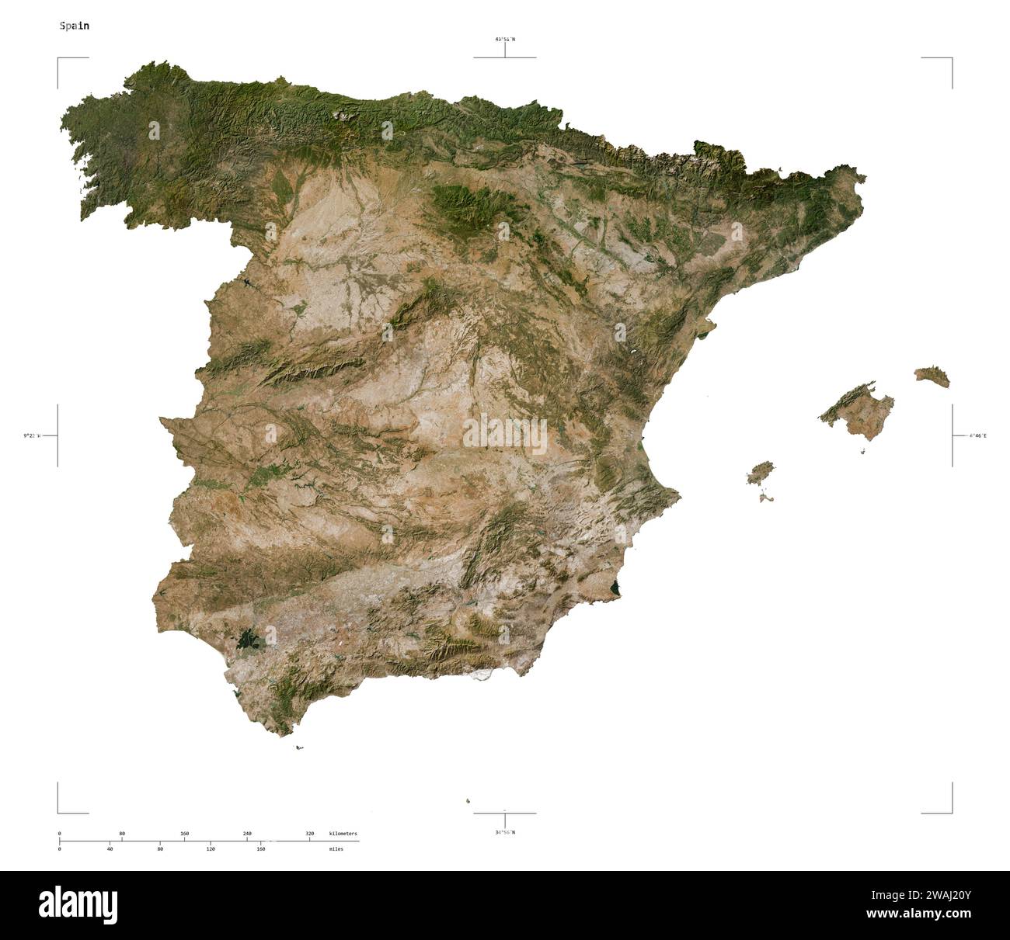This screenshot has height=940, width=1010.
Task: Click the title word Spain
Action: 74,26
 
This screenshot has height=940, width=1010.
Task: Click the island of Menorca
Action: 932,376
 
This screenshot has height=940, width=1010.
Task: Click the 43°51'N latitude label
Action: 504,39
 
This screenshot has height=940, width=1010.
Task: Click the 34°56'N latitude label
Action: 504,832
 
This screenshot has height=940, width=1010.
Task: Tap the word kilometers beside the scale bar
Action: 343,834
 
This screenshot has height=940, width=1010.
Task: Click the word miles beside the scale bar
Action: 336,849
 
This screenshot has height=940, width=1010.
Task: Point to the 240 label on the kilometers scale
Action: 247,834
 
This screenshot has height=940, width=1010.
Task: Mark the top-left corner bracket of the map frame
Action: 59,59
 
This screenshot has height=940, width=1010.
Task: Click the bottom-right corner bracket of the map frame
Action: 951,812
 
